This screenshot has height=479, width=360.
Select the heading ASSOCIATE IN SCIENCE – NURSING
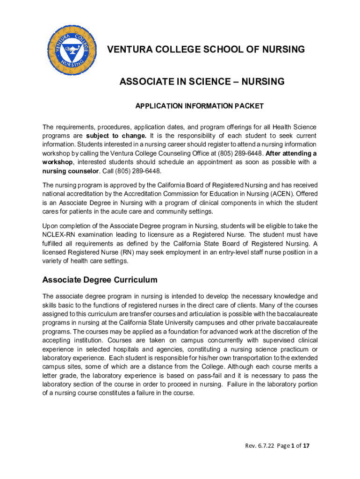(202, 82)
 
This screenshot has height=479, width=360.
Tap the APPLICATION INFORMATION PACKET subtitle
(199, 106)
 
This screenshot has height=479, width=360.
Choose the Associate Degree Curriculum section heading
(100, 280)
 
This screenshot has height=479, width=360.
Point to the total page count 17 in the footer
(306, 446)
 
